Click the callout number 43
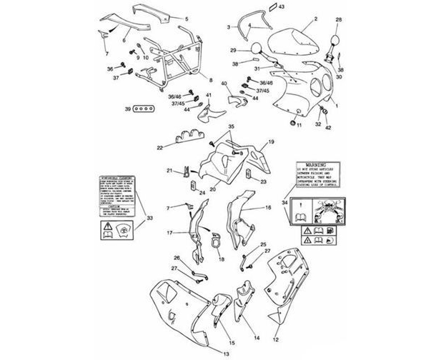tap(282, 6)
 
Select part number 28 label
tap(339, 20)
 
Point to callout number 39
tap(127, 109)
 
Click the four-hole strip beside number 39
tap(146, 109)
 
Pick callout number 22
tap(161, 148)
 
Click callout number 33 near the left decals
tap(149, 217)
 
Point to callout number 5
tap(187, 17)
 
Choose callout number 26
tap(177, 258)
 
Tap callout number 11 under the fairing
tap(300, 126)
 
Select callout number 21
tap(170, 170)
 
